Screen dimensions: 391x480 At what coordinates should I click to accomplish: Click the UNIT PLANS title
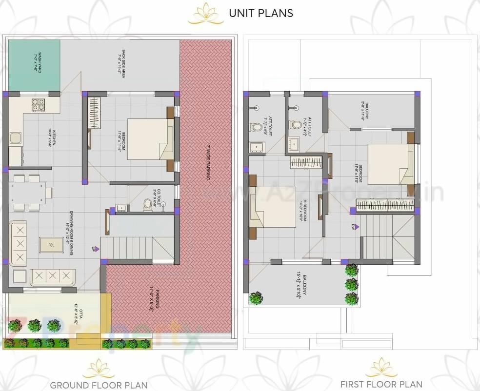pyautogui.click(x=261, y=13)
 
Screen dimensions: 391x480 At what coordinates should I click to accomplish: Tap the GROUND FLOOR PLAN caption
pyautogui.click(x=99, y=385)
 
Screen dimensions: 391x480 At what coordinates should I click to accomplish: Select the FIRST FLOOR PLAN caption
pyautogui.click(x=381, y=384)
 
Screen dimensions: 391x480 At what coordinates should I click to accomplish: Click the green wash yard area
pyautogui.click(x=34, y=66)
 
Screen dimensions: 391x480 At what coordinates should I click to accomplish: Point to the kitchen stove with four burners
pyautogui.click(x=38, y=104)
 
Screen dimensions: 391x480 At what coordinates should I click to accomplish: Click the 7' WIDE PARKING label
pyautogui.click(x=208, y=163)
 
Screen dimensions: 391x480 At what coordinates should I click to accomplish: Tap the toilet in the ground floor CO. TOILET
pyautogui.click(x=148, y=205)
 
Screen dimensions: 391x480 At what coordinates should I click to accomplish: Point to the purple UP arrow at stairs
pyautogui.click(x=97, y=249)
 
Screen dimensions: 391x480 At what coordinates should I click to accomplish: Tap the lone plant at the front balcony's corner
pyautogui.click(x=255, y=297)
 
